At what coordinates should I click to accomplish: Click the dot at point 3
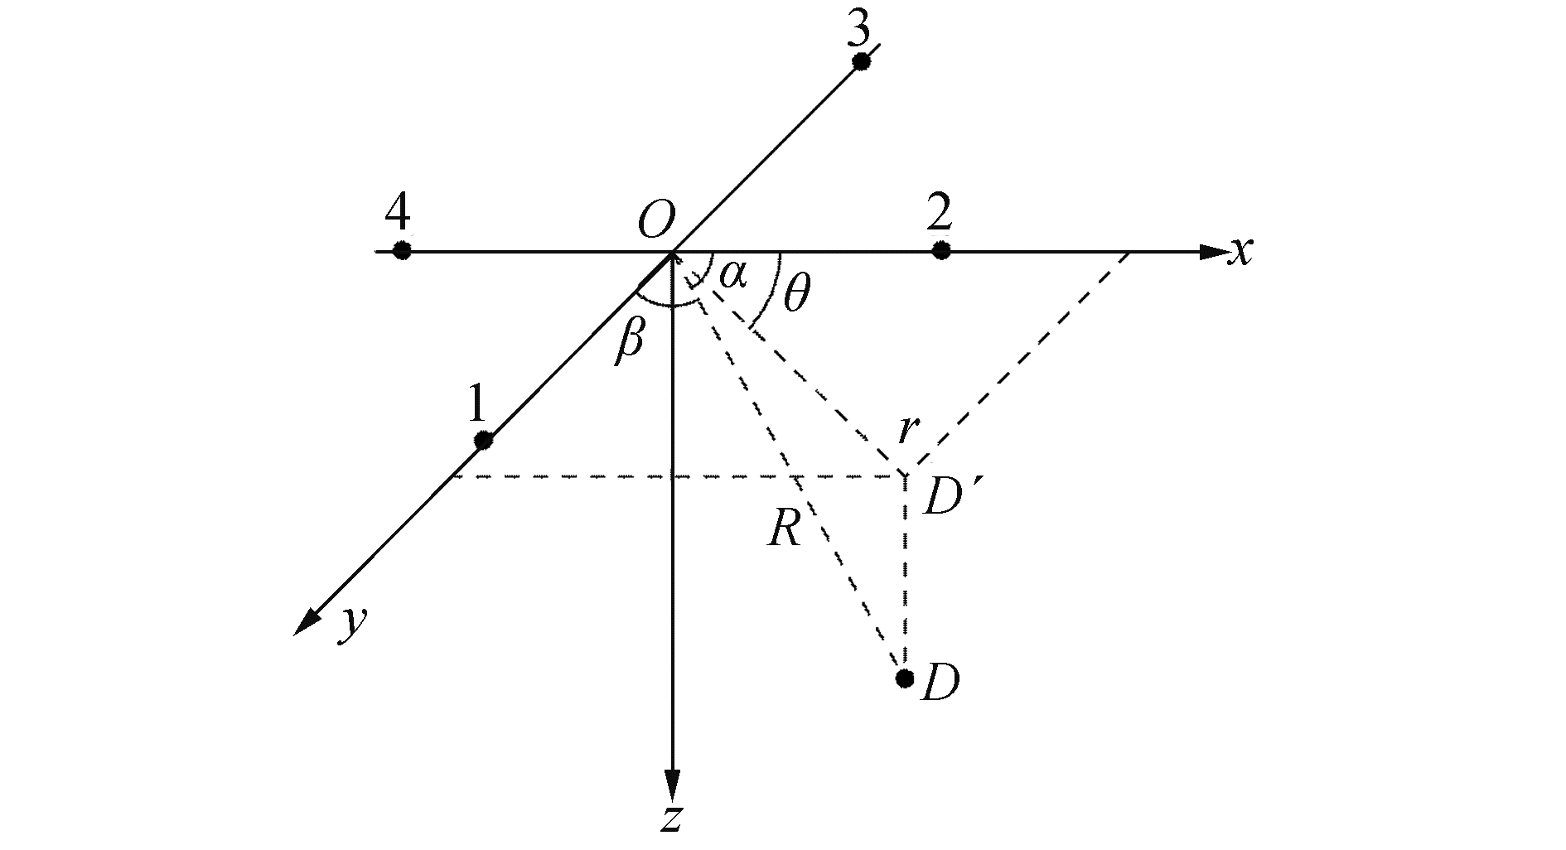(861, 61)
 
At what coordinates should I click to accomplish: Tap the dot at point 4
(402, 250)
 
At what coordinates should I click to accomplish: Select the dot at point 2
(940, 250)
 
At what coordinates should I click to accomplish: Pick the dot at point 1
(483, 440)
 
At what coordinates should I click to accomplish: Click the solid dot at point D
(905, 679)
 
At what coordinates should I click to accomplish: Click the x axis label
(1240, 250)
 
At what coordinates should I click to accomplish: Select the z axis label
(672, 818)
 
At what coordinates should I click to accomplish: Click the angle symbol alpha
(732, 274)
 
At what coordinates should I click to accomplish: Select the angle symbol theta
(796, 294)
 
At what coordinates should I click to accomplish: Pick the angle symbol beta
(629, 342)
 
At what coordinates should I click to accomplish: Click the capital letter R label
(784, 529)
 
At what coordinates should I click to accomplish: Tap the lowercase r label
(909, 430)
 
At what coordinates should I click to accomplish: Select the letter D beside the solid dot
(940, 683)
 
